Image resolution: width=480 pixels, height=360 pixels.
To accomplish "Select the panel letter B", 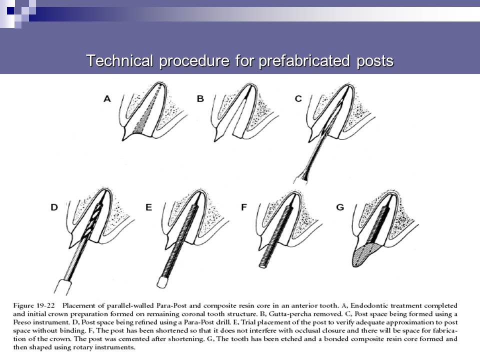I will [200, 99].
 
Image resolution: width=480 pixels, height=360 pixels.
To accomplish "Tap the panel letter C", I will [298, 99].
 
